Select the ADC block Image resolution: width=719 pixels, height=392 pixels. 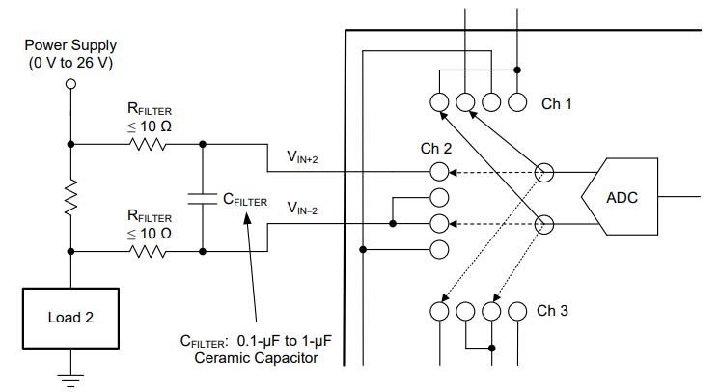coord(622,199)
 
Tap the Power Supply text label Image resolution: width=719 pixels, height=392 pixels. coord(69,45)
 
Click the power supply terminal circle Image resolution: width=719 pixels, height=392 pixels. coord(69,84)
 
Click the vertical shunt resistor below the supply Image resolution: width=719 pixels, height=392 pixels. coord(69,199)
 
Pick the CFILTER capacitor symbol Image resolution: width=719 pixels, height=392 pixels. coord(203,199)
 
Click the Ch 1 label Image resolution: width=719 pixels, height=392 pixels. coord(557,103)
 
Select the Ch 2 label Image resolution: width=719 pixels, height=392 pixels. coord(436,150)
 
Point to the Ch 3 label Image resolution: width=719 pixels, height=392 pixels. coord(552,311)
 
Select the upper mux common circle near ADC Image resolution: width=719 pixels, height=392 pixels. coord(544,173)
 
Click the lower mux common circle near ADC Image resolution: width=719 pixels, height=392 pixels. coord(544,225)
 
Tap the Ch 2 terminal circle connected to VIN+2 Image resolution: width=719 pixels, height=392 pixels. coord(439,173)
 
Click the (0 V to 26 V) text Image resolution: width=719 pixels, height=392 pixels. coord(69,62)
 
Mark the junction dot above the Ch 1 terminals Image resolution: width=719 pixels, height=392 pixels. coord(518,70)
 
